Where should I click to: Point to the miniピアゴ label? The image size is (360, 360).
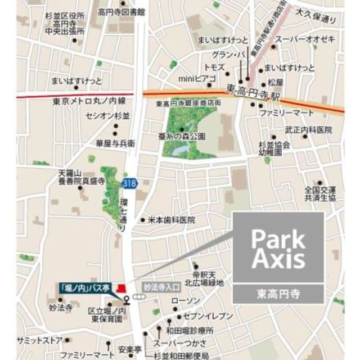click(x=192, y=79)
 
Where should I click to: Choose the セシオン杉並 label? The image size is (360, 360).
click(x=107, y=116)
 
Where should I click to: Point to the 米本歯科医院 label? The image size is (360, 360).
click(x=172, y=220)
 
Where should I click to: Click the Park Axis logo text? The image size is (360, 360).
click(x=278, y=249)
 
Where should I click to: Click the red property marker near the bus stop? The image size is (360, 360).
click(x=119, y=288)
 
